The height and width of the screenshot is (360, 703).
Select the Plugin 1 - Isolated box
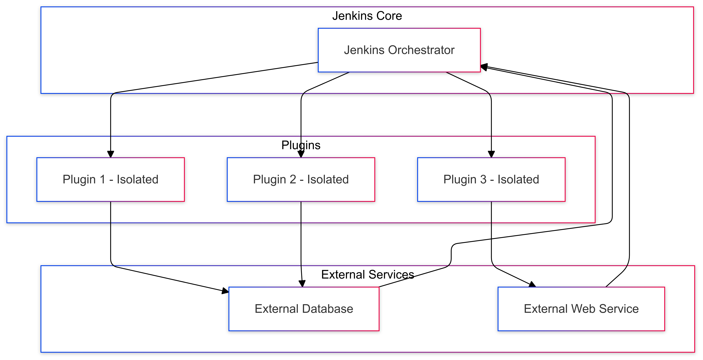click(111, 180)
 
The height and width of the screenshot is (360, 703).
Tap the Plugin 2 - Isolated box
click(301, 180)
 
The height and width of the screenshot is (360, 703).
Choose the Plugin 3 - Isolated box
click(491, 180)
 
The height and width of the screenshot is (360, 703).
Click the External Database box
click(304, 309)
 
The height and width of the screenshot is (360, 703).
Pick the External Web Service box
click(581, 309)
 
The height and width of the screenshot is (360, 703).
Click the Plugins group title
click(301, 145)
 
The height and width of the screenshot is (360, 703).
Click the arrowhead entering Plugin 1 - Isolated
click(111, 154)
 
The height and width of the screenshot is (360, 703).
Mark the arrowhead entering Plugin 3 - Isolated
click(491, 154)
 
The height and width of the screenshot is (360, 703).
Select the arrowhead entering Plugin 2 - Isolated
click(301, 154)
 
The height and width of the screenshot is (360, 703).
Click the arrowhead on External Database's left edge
click(225, 291)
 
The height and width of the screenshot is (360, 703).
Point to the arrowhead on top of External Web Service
click(532, 284)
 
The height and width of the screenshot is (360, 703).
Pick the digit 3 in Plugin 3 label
click(483, 180)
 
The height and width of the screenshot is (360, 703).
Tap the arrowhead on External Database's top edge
click(302, 284)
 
